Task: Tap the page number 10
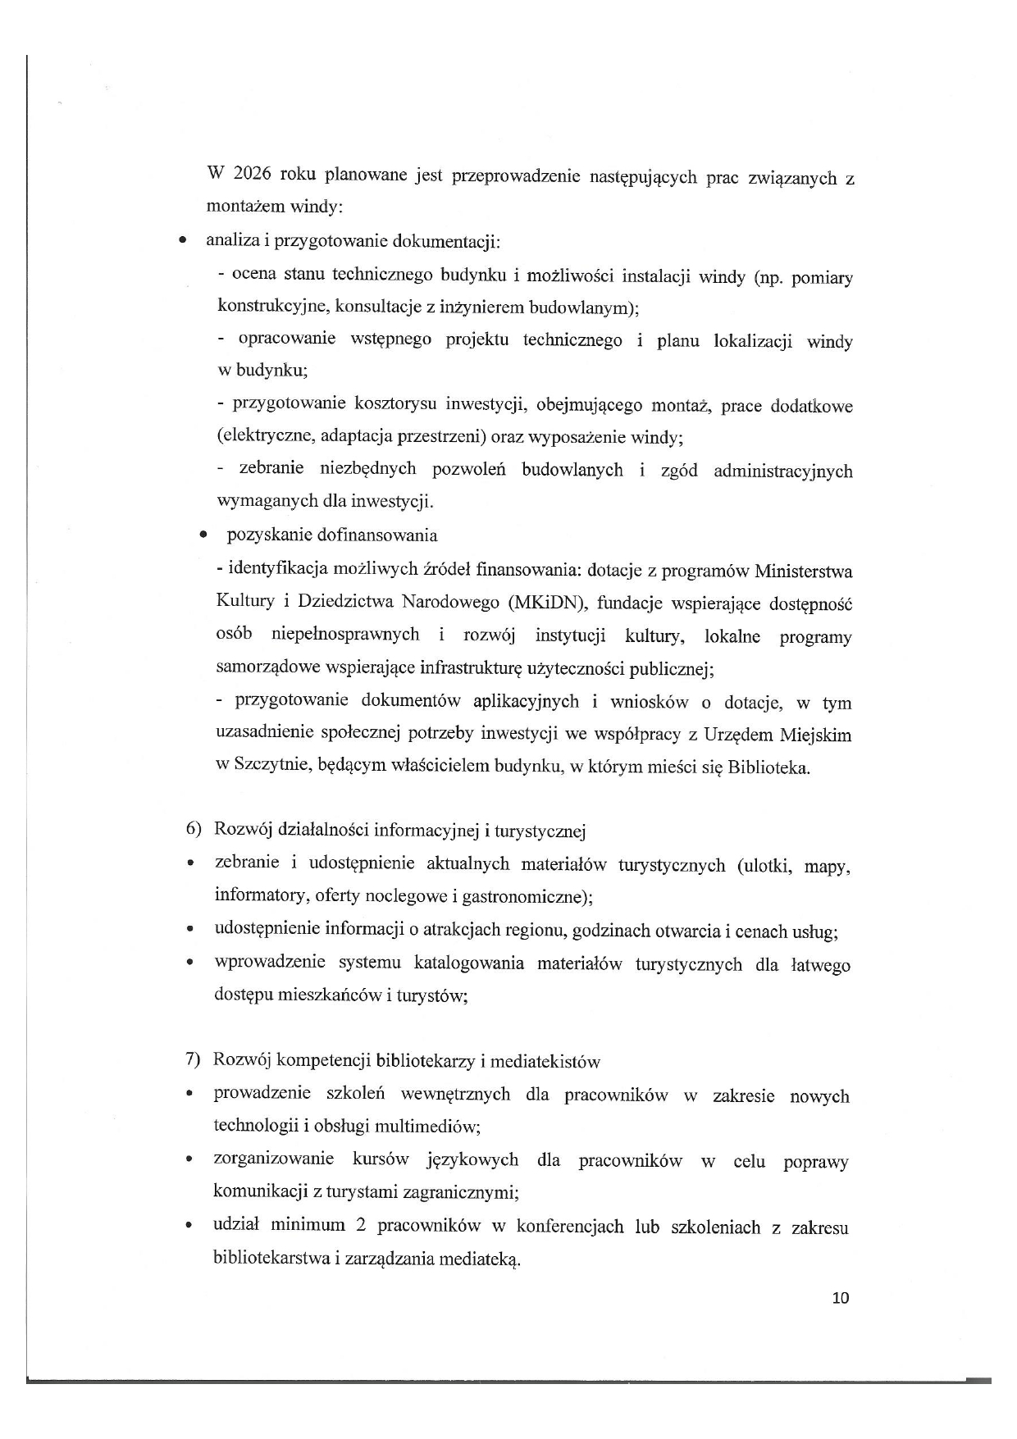[x=841, y=1298]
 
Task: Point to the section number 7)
[x=193, y=1059]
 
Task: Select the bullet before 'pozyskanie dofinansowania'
[x=203, y=535]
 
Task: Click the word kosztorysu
[x=396, y=404]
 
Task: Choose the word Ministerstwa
[x=803, y=571]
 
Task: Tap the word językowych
[x=472, y=1160]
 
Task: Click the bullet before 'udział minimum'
[x=189, y=1227]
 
